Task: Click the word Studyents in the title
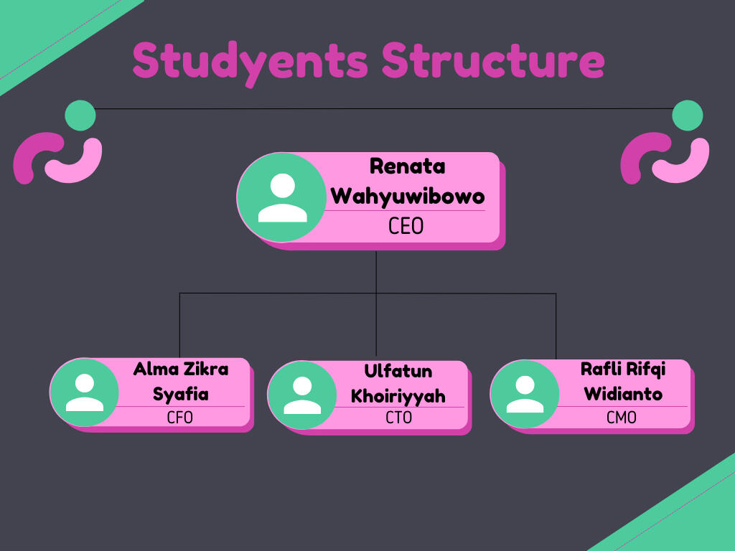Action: pyautogui.click(x=250, y=62)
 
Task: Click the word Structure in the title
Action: pyautogui.click(x=492, y=60)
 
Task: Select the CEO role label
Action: pyautogui.click(x=406, y=227)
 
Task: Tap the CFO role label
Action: pyautogui.click(x=179, y=417)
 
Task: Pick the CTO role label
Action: pyautogui.click(x=398, y=417)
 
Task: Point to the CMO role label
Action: pyautogui.click(x=622, y=417)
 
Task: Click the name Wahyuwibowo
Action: pyautogui.click(x=407, y=196)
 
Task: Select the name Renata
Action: pyautogui.click(x=407, y=166)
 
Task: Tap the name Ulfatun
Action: pyautogui.click(x=398, y=372)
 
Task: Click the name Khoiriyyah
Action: pyautogui.click(x=398, y=396)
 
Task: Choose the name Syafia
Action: pyautogui.click(x=180, y=394)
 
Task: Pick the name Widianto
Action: pyautogui.click(x=622, y=394)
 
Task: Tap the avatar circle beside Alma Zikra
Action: pyautogui.click(x=85, y=392)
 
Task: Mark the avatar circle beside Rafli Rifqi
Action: pyautogui.click(x=525, y=394)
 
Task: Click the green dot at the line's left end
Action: pyautogui.click(x=80, y=115)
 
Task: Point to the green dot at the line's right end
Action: pyautogui.click(x=688, y=115)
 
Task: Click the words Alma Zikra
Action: pyautogui.click(x=180, y=369)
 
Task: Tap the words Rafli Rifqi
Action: pyautogui.click(x=622, y=369)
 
